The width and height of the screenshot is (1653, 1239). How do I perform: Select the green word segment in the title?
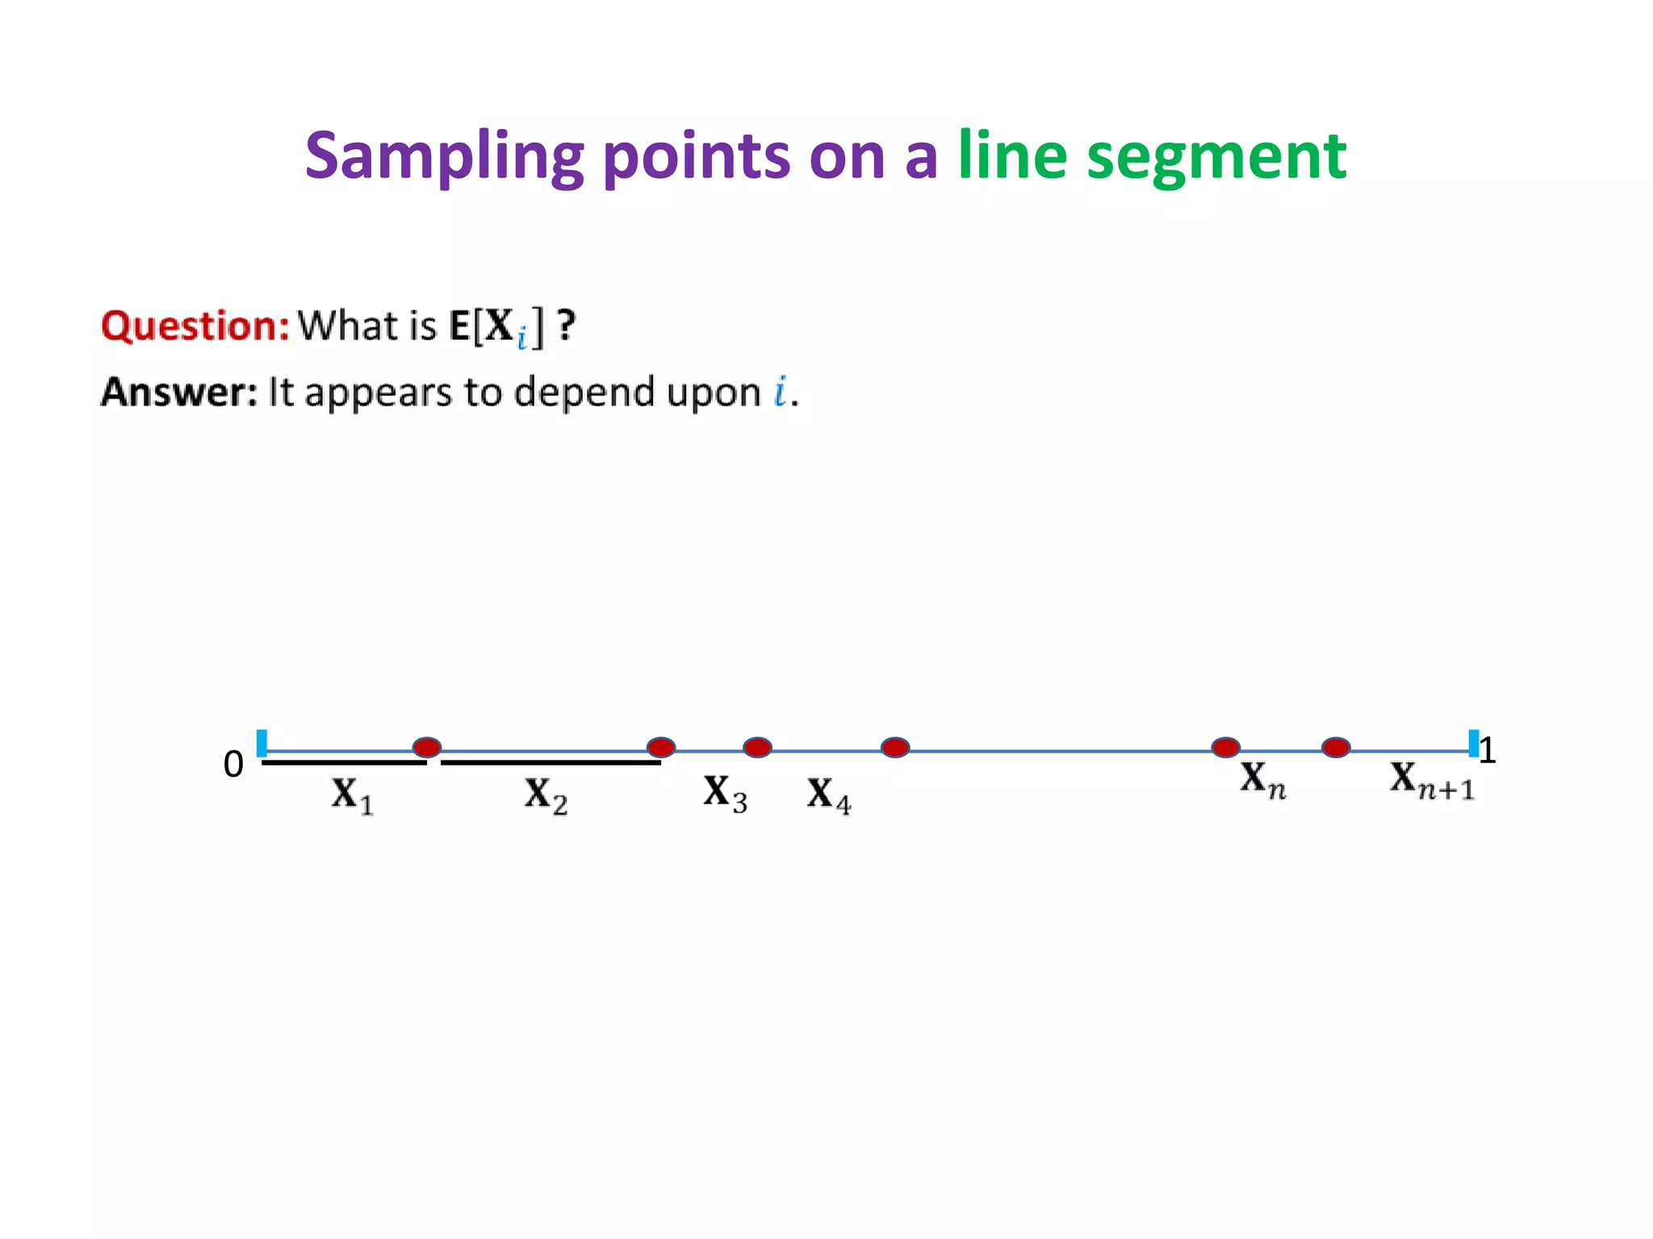(1216, 156)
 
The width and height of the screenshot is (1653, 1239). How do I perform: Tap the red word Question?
(195, 326)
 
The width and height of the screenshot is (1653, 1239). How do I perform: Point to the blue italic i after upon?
(780, 392)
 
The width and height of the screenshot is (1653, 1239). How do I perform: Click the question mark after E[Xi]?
(567, 326)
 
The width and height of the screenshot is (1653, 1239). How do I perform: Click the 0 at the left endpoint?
(233, 764)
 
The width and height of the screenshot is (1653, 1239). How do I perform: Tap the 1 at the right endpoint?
(1488, 750)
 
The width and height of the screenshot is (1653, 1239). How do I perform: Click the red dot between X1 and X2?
(427, 747)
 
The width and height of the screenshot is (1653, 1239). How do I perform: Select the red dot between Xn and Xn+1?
(1336, 747)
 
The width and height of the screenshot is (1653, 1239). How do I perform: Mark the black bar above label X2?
(550, 761)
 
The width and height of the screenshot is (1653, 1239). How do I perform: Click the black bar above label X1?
(344, 761)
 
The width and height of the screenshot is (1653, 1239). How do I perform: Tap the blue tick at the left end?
(262, 743)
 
